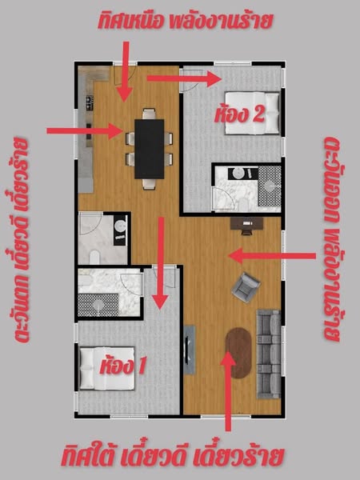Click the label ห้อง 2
(x=239, y=115)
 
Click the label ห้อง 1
(x=122, y=366)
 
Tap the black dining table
(x=150, y=149)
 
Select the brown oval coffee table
(x=238, y=353)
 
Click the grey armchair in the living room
(x=246, y=287)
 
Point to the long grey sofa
(x=269, y=354)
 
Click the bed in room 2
(x=253, y=113)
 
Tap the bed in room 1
(x=107, y=368)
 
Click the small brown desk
(x=246, y=223)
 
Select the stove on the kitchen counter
(x=90, y=103)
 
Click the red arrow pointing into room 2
(x=184, y=78)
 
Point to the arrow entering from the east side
(x=272, y=256)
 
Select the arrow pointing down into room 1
(x=161, y=263)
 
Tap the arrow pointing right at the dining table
(x=85, y=131)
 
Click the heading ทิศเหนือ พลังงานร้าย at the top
(x=185, y=21)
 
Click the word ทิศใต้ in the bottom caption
(x=89, y=458)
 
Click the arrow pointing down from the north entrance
(x=126, y=72)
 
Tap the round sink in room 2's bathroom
(x=238, y=174)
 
